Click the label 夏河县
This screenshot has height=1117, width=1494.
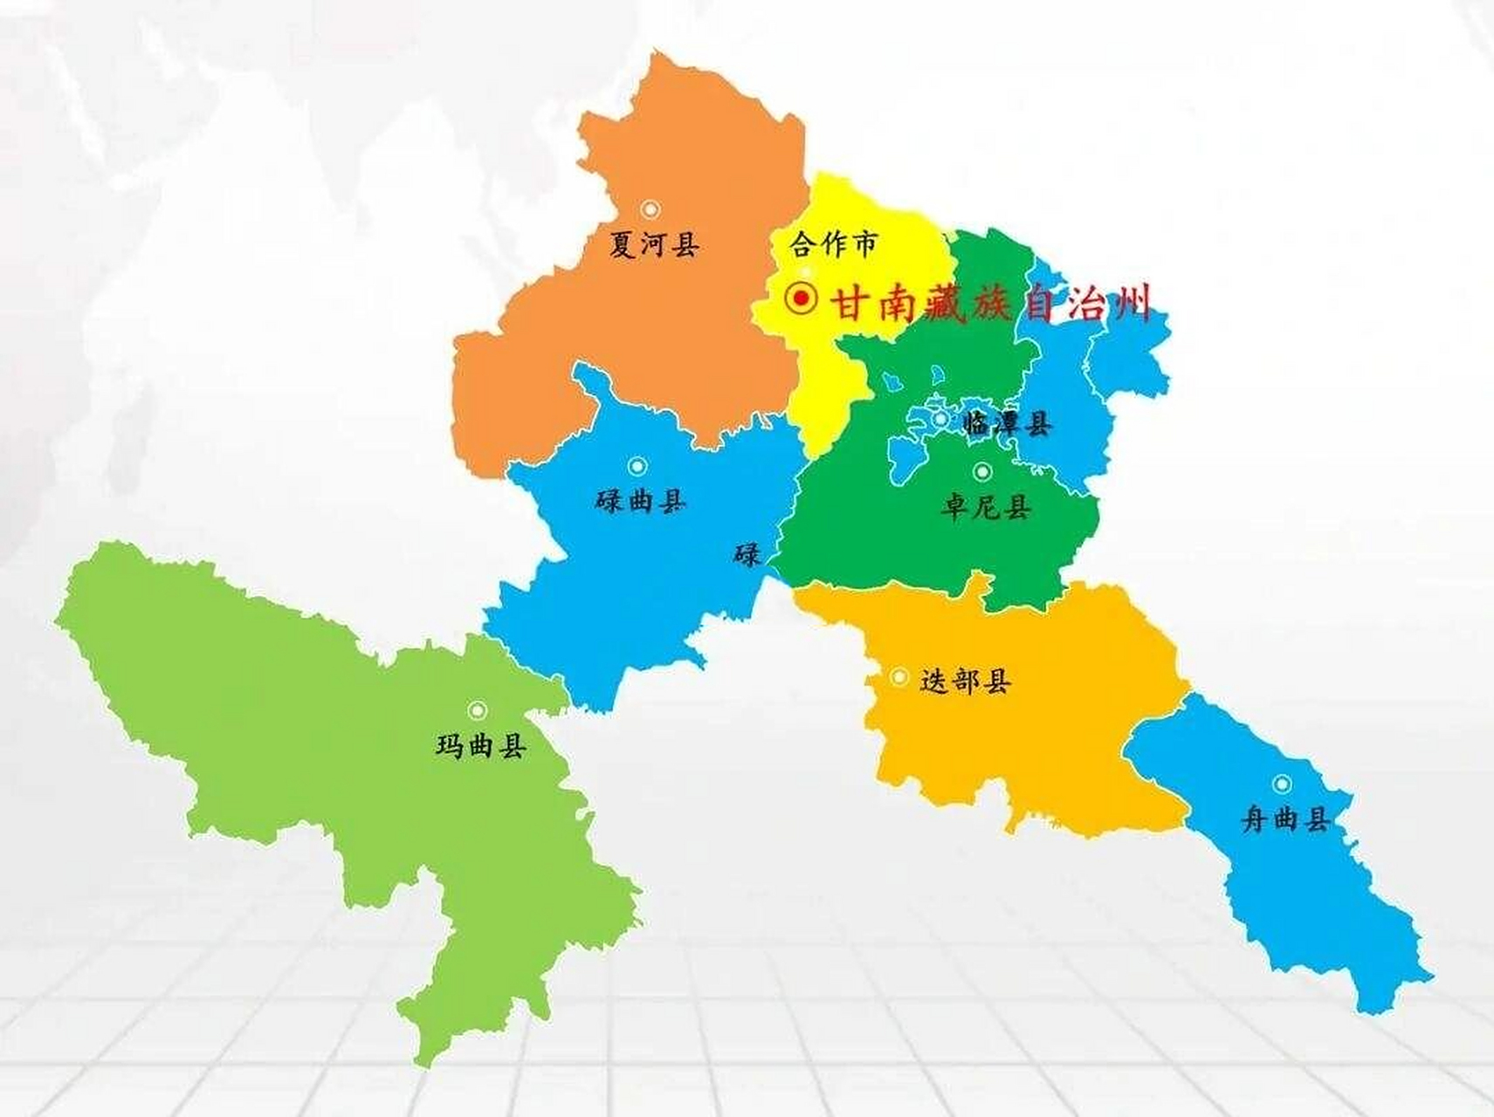654,244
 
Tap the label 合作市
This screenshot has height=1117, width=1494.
833,243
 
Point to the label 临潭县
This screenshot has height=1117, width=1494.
1006,424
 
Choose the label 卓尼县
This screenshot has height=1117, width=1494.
986,506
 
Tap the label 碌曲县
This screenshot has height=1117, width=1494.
640,501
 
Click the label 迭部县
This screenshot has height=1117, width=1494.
965,681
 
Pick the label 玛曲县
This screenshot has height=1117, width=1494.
481,746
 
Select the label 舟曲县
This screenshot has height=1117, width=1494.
1286,819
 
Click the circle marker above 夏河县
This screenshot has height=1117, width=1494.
651,209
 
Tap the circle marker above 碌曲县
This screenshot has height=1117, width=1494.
637,466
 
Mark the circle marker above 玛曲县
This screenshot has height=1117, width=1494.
477,710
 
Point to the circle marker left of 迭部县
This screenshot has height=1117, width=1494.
898,677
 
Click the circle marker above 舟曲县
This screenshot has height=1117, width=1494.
1282,784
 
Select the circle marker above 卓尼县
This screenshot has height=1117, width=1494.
982,472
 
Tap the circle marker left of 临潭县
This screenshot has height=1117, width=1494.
940,419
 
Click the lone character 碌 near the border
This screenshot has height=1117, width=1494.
747,554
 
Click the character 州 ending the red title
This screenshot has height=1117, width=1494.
1130,304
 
